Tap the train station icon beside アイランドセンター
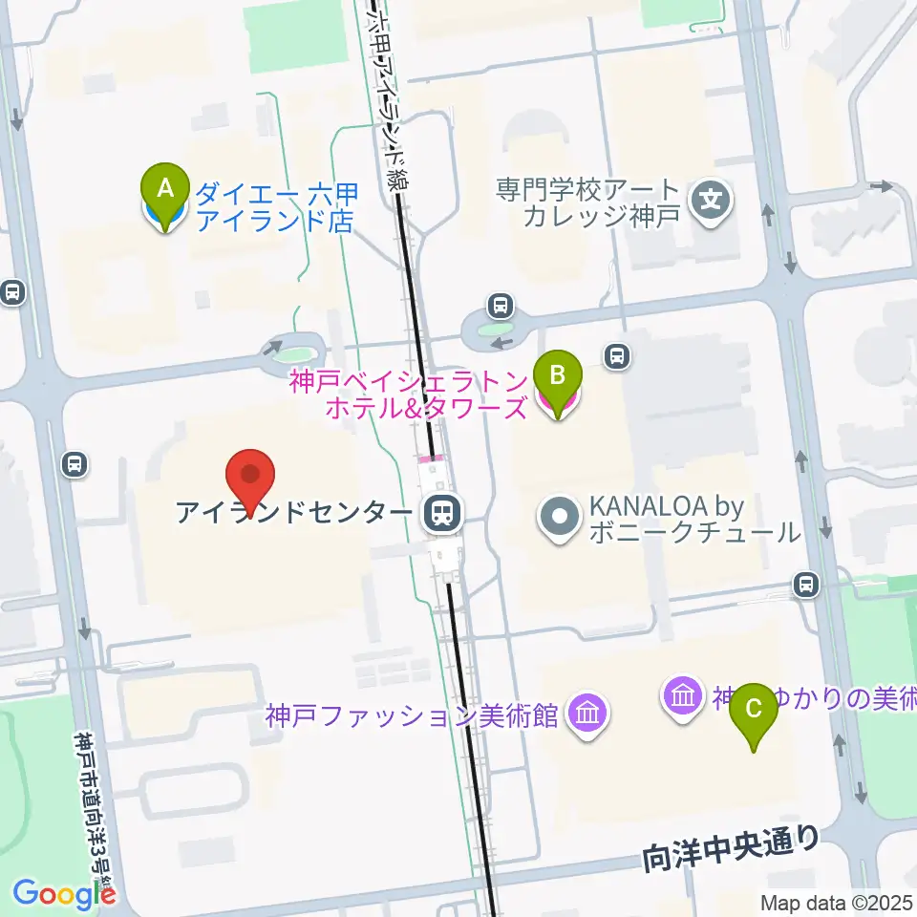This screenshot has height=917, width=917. pyautogui.click(x=440, y=515)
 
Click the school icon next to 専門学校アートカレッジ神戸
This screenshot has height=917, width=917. pyautogui.click(x=711, y=202)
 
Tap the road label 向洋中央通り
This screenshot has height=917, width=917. pyautogui.click(x=732, y=846)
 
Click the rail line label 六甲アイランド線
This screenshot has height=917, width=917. pyautogui.click(x=388, y=96)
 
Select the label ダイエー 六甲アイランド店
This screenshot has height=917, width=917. pyautogui.click(x=274, y=207)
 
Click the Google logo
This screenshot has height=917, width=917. pyautogui.click(x=63, y=893)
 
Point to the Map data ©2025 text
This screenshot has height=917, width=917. pyautogui.click(x=837, y=903)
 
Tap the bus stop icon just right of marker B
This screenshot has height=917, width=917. pyautogui.click(x=618, y=356)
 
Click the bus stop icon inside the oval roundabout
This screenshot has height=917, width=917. pyautogui.click(x=499, y=307)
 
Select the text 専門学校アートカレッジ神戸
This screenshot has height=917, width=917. pyautogui.click(x=588, y=202)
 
